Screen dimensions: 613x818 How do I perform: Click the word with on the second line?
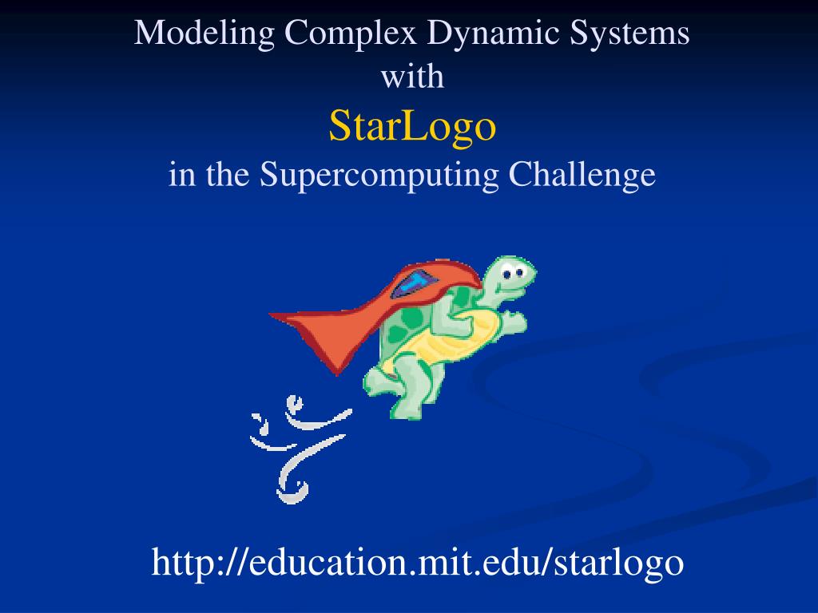pos(412,77)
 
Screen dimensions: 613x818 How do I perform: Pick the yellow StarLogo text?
pos(412,125)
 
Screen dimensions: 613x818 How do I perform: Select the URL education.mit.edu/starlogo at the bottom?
pos(418,562)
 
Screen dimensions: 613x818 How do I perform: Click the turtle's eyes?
pos(514,274)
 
